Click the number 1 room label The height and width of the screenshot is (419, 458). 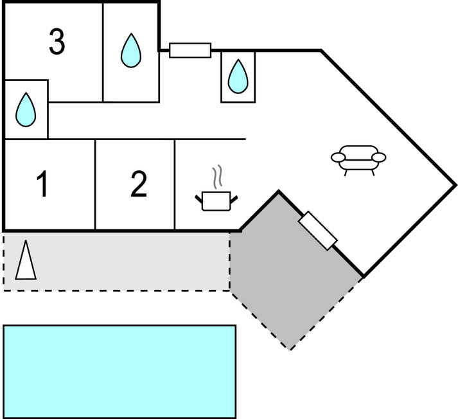pyautogui.click(x=42, y=185)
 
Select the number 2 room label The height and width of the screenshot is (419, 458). pyautogui.click(x=138, y=185)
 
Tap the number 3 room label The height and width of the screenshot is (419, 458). pyautogui.click(x=57, y=42)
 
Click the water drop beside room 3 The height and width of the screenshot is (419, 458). pyautogui.click(x=131, y=51)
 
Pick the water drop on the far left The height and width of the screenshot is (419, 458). pyautogui.click(x=26, y=109)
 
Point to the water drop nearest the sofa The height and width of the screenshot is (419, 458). pyautogui.click(x=238, y=75)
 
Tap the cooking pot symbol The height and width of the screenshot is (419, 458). pyautogui.click(x=216, y=201)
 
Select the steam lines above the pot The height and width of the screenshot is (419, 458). pyautogui.click(x=218, y=175)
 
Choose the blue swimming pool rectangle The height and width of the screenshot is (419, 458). pyautogui.click(x=119, y=371)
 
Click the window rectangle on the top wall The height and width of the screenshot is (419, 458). pyautogui.click(x=190, y=50)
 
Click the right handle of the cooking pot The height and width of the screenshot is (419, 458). pyautogui.click(x=236, y=197)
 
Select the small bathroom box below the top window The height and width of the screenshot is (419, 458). pyautogui.click(x=238, y=76)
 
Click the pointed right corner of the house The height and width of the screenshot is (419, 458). pyautogui.click(x=455, y=184)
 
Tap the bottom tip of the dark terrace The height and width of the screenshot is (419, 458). pyautogui.click(x=290, y=350)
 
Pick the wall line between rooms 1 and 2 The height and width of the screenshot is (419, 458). pyautogui.click(x=95, y=184)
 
